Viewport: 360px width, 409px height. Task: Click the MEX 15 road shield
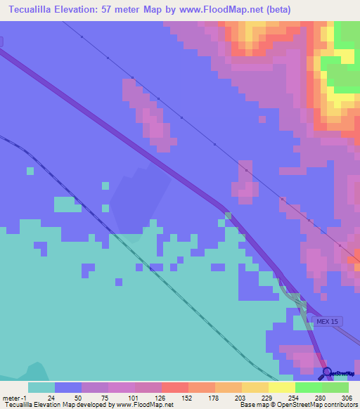point(327,321)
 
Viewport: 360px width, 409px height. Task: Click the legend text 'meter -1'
point(15,398)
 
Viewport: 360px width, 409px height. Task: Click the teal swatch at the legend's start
point(41,387)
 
